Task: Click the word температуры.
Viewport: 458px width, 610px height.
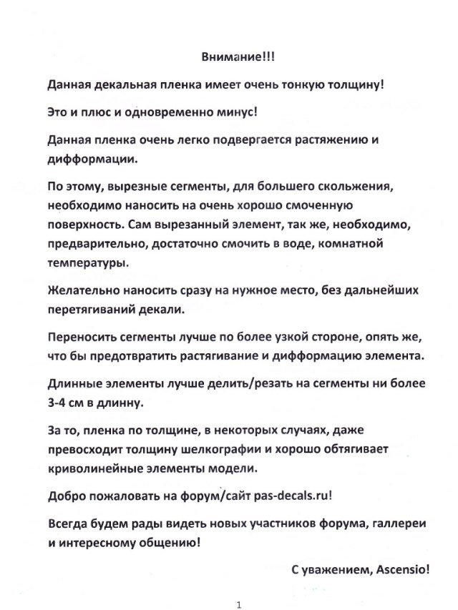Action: point(87,262)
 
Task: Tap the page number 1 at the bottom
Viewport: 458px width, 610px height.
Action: point(238,605)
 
